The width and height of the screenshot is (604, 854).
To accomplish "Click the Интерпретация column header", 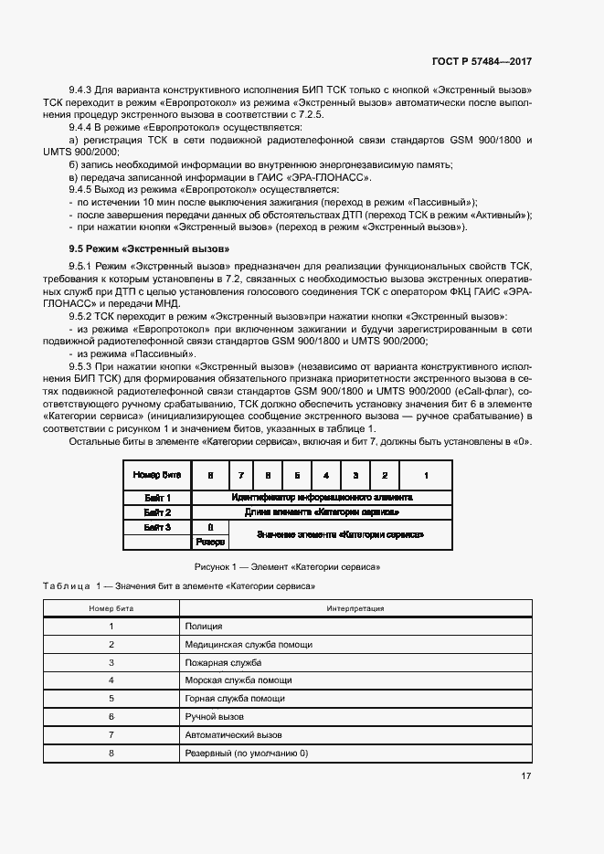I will [x=355, y=607].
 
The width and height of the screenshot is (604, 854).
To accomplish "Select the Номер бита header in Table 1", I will [x=111, y=607].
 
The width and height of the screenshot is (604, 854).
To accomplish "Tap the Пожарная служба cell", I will [x=223, y=662].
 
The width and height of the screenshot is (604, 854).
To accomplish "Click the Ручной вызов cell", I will [x=214, y=717].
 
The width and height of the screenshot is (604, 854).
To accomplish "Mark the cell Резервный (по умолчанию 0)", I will [x=247, y=754].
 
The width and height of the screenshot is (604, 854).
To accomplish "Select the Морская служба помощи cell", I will [x=238, y=680].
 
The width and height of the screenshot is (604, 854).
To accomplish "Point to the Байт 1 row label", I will [x=158, y=498].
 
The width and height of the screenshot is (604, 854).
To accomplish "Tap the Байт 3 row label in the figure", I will [x=158, y=527].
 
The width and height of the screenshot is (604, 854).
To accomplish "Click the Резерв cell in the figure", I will [x=211, y=542].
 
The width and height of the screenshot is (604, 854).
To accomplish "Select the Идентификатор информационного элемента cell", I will [x=322, y=498].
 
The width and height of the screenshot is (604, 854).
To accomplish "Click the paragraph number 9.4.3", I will [x=83, y=92].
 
